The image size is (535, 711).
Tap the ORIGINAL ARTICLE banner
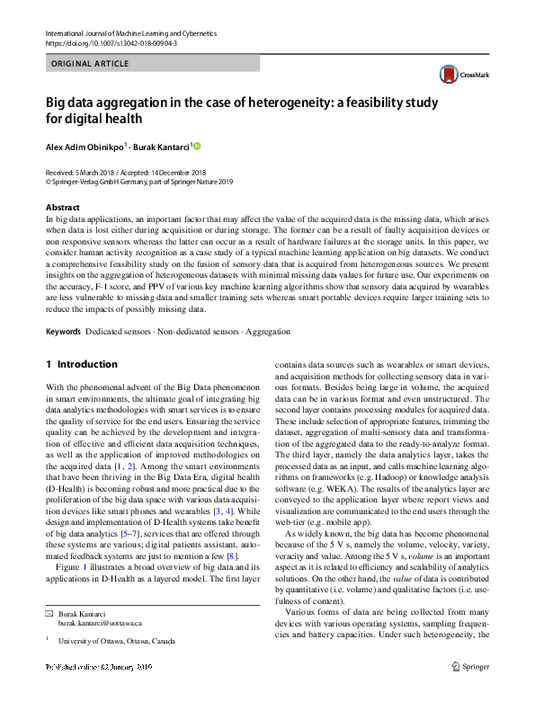(91, 64)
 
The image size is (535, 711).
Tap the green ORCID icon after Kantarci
(198, 146)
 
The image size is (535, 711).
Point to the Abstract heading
(61, 207)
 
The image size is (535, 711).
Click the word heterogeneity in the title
(302, 102)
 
